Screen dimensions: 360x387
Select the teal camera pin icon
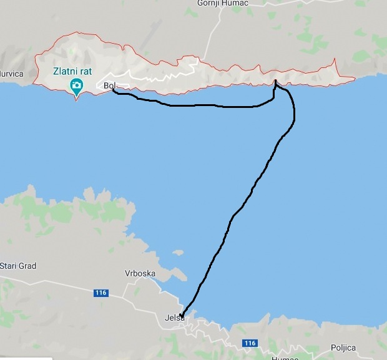coord(76,86)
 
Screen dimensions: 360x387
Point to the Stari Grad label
coord(17,266)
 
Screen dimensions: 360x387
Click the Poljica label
coord(343,348)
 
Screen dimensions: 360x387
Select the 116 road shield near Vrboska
coord(101,293)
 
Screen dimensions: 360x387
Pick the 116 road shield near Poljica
coord(250,343)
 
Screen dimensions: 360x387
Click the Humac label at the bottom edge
coord(286,358)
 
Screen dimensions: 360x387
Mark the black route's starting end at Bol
coord(113,90)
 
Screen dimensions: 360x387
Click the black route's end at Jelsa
coord(181,315)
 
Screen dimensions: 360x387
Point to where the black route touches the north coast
coord(275,81)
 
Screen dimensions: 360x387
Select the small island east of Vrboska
coord(179,253)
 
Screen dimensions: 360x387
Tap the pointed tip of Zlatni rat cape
coord(77,100)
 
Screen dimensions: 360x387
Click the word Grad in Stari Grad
coord(27,266)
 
